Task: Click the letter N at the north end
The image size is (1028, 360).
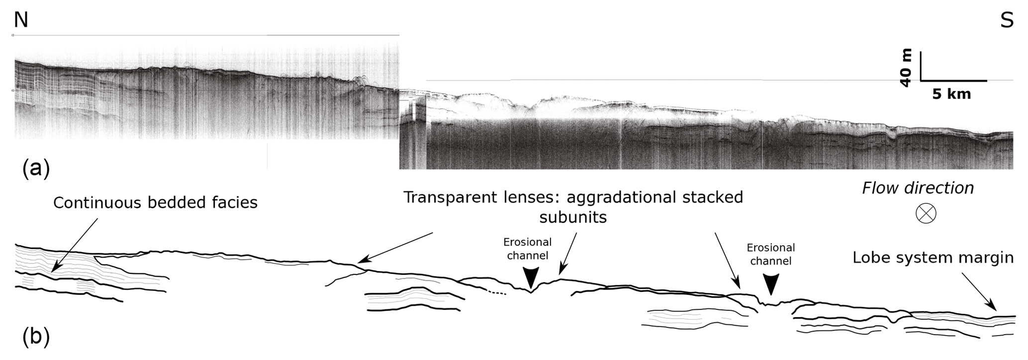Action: pyautogui.click(x=21, y=20)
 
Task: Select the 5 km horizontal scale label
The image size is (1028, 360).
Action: pyautogui.click(x=951, y=94)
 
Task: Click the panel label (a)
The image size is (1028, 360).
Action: pyautogui.click(x=36, y=169)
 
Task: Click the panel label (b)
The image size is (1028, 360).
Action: pyautogui.click(x=36, y=337)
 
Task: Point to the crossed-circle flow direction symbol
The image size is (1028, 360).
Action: pyautogui.click(x=926, y=213)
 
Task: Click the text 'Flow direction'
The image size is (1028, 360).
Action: pyautogui.click(x=918, y=188)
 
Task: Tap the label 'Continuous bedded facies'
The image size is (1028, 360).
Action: pyautogui.click(x=155, y=202)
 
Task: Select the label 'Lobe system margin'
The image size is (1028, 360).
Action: pyautogui.click(x=933, y=257)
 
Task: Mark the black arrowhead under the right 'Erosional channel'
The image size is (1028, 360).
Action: pyautogui.click(x=771, y=285)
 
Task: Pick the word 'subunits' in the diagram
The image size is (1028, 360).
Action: pyautogui.click(x=573, y=217)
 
